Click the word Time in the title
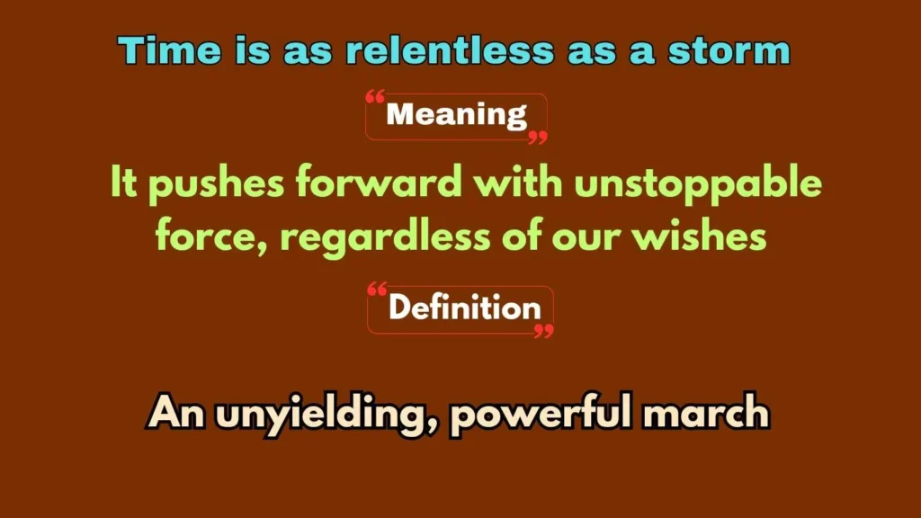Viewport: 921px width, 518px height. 158,51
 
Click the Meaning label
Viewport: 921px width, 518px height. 456,115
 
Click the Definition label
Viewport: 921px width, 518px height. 464,308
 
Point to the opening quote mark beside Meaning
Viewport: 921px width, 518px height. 376,97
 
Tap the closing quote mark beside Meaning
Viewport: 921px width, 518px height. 537,137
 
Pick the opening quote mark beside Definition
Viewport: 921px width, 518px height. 378,290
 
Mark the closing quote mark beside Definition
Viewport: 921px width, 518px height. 543,331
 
